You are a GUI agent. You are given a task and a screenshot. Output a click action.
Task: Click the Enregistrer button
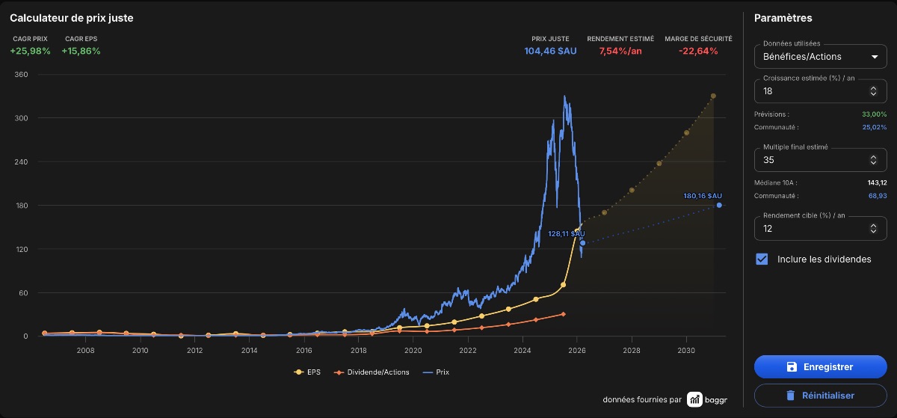coord(820,366)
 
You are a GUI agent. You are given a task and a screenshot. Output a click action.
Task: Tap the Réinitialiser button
coord(820,396)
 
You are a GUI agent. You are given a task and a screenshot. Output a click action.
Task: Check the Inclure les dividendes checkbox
coord(762,259)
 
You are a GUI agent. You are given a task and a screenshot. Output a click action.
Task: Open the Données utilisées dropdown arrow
coord(875,57)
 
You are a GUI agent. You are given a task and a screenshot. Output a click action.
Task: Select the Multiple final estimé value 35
coord(768,160)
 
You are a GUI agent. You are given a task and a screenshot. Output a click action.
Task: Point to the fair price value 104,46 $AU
coord(550,51)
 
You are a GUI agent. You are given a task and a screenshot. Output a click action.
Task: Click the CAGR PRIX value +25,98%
coord(30,51)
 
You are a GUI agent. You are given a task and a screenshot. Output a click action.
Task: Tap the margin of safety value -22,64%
coord(698,51)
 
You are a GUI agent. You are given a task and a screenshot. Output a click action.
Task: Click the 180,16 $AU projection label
coord(703,196)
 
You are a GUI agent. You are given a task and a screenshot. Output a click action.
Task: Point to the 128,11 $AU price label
coord(567,233)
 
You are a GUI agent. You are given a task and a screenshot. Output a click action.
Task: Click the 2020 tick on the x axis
coord(413,350)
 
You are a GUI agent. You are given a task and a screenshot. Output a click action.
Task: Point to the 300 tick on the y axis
coord(21,118)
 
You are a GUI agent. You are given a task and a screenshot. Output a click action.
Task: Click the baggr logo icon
coord(694,399)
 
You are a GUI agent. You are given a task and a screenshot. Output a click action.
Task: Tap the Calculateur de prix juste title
coord(71,18)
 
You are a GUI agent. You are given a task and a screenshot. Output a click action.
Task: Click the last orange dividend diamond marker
coord(563,314)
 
